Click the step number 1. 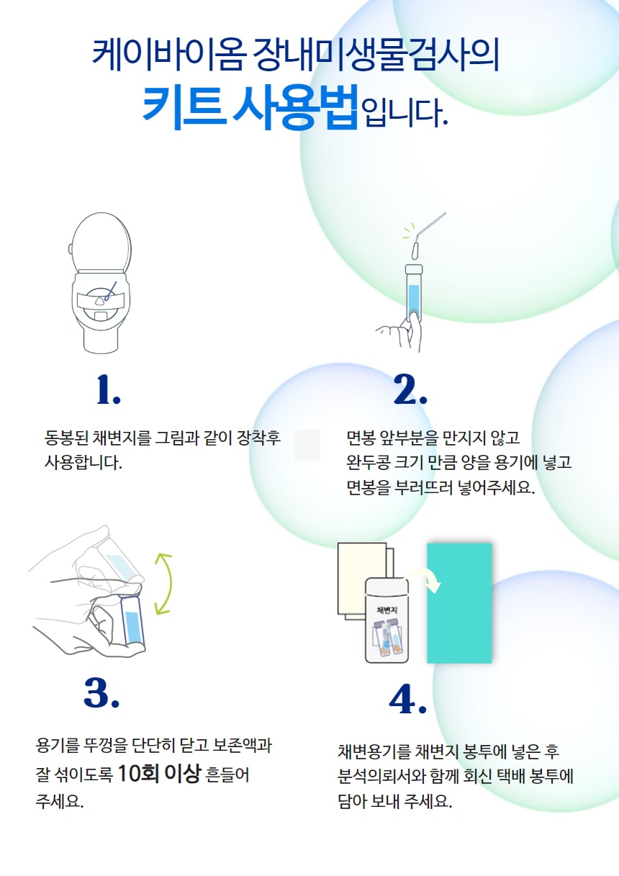pos(108,389)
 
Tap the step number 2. pos(410,389)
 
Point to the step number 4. pos(407,699)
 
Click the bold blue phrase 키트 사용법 pos(250,107)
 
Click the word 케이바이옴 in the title pos(169,55)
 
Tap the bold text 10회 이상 pos(159,773)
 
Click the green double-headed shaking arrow pos(164,584)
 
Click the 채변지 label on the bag pos(387,610)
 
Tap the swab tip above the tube pos(415,250)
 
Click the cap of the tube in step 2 pos(414,269)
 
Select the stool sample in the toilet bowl pos(99,301)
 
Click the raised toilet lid pos(101,241)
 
